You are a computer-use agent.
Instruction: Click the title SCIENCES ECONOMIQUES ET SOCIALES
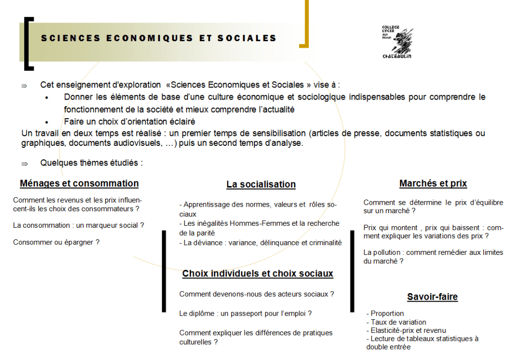pyautogui.click(x=159, y=38)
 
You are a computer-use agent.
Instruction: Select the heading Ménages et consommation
pyautogui.click(x=79, y=184)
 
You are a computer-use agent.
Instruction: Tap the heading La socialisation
pyautogui.click(x=261, y=185)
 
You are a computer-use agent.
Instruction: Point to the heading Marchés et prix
pyautogui.click(x=433, y=184)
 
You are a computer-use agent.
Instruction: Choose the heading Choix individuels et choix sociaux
pyautogui.click(x=257, y=274)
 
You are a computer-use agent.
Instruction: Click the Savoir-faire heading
pyautogui.click(x=432, y=297)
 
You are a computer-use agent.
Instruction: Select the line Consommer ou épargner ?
pyautogui.click(x=56, y=242)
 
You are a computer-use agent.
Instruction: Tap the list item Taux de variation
pyautogui.click(x=398, y=322)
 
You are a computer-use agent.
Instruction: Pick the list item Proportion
pyautogui.click(x=387, y=314)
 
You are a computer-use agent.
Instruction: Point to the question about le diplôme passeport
pyautogui.click(x=245, y=314)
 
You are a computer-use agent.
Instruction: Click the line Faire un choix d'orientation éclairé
pyautogui.click(x=130, y=121)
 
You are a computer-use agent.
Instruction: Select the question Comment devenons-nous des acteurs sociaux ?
pyautogui.click(x=256, y=294)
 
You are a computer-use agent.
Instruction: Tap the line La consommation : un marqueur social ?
pyautogui.click(x=78, y=225)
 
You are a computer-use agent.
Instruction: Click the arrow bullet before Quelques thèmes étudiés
pyautogui.click(x=24, y=163)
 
